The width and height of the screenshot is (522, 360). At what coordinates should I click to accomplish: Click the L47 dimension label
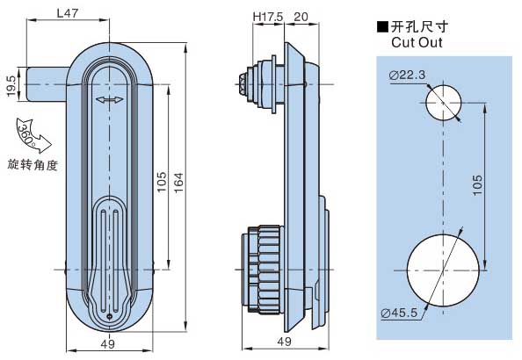point(68,13)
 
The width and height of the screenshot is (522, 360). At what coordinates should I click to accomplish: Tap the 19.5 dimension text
point(11,86)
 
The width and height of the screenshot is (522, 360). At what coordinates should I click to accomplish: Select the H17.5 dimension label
point(268,17)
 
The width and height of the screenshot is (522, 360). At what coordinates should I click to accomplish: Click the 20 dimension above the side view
point(301,17)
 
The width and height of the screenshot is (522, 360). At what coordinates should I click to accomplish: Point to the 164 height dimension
point(178,183)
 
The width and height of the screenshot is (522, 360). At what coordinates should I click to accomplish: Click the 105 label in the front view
point(162,182)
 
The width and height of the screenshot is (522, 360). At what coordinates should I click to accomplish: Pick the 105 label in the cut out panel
point(477,185)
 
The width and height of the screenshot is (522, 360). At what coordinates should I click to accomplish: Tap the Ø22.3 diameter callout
point(407,76)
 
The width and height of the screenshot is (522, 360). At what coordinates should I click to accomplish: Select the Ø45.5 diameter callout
point(399,313)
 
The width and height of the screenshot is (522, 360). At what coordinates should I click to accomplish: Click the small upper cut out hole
point(443,103)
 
